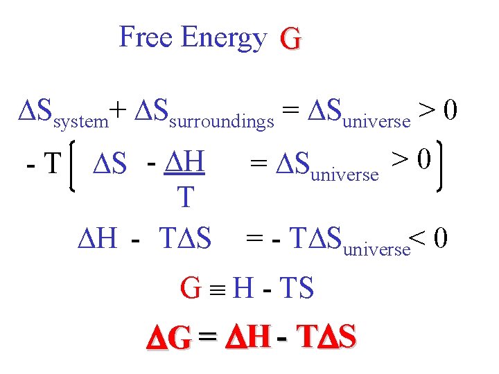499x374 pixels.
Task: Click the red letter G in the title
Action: pyautogui.click(x=290, y=39)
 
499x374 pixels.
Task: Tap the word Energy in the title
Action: pyautogui.click(x=222, y=38)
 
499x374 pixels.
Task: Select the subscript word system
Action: pyautogui.click(x=80, y=123)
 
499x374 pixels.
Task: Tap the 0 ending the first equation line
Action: pyautogui.click(x=448, y=110)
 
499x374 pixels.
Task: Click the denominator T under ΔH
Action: pyautogui.click(x=184, y=198)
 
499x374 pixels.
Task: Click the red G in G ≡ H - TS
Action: pyautogui.click(x=191, y=287)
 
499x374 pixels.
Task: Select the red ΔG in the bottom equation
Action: pyautogui.click(x=168, y=338)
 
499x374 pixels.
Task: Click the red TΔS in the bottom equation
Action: pyautogui.click(x=326, y=337)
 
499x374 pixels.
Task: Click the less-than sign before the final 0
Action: pyautogui.click(x=418, y=239)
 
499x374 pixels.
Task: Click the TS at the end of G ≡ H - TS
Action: pyautogui.click(x=297, y=287)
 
